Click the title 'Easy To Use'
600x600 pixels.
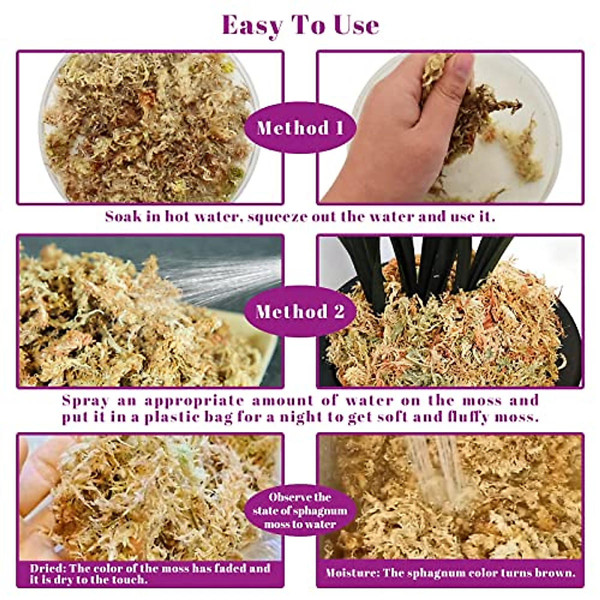(300, 25)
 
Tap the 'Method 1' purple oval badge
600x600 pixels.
(300, 128)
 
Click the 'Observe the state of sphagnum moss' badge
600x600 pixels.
(300, 511)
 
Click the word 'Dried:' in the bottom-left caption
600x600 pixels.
(47, 568)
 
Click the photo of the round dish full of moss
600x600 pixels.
(150, 127)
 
